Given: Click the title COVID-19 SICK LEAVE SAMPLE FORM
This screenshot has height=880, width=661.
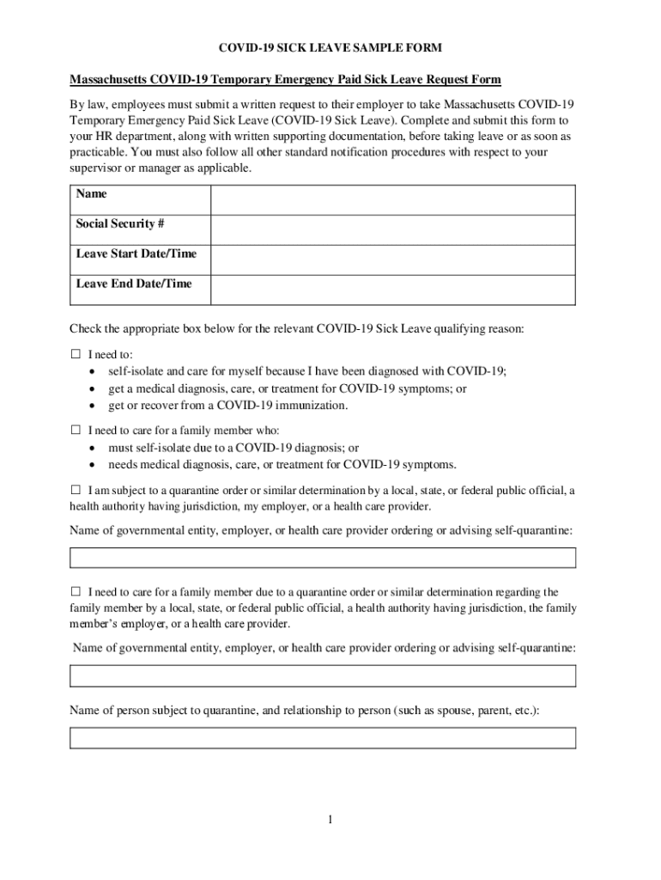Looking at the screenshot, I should click(x=330, y=48).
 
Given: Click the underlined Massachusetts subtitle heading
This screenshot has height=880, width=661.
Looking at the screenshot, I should click(x=285, y=80).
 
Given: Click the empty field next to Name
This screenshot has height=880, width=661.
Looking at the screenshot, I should click(x=393, y=199).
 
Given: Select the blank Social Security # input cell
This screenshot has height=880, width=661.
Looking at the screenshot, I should click(x=393, y=229).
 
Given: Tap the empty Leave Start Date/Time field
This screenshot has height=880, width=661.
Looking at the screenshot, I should click(x=393, y=260).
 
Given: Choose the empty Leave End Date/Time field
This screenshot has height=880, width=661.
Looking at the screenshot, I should click(x=393, y=290).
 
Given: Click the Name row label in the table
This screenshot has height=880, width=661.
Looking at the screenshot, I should click(x=92, y=194).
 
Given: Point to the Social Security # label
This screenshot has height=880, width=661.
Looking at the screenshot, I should click(x=120, y=224).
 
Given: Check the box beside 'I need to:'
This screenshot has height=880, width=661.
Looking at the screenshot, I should click(x=75, y=354).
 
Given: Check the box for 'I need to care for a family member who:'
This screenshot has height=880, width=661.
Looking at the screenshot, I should click(x=75, y=430).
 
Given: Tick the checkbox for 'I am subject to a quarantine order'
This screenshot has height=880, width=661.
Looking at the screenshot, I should click(x=75, y=490).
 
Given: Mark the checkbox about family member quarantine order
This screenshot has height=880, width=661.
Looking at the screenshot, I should click(x=75, y=591).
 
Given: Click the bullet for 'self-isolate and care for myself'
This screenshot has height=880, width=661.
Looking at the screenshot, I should click(x=92, y=372).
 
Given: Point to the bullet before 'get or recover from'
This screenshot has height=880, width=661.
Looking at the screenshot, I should click(x=92, y=406).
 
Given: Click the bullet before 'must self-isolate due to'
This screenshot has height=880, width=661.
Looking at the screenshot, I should click(x=92, y=448).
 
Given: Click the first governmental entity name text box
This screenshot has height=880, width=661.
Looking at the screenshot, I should click(x=322, y=558).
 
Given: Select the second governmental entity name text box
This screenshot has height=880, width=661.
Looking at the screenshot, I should click(x=322, y=676).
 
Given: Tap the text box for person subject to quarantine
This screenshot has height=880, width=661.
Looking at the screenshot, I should click(x=322, y=738).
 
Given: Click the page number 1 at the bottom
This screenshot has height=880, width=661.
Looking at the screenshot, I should click(x=330, y=820).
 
